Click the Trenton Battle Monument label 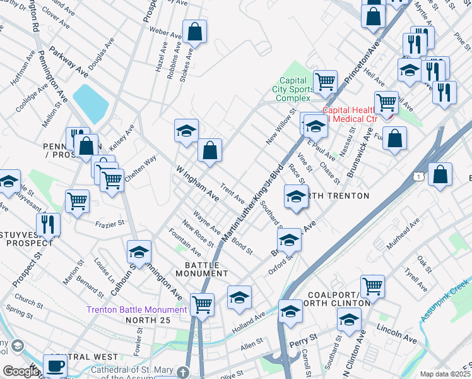pos(136,310)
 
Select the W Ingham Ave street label pos(198,184)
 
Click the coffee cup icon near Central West pos(55,365)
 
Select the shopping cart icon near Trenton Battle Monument pos(203,304)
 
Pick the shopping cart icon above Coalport pos(372,286)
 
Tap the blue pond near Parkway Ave pos(91,101)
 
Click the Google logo pos(21,371)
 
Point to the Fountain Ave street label pos(184,242)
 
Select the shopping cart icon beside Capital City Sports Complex pos(324,81)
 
